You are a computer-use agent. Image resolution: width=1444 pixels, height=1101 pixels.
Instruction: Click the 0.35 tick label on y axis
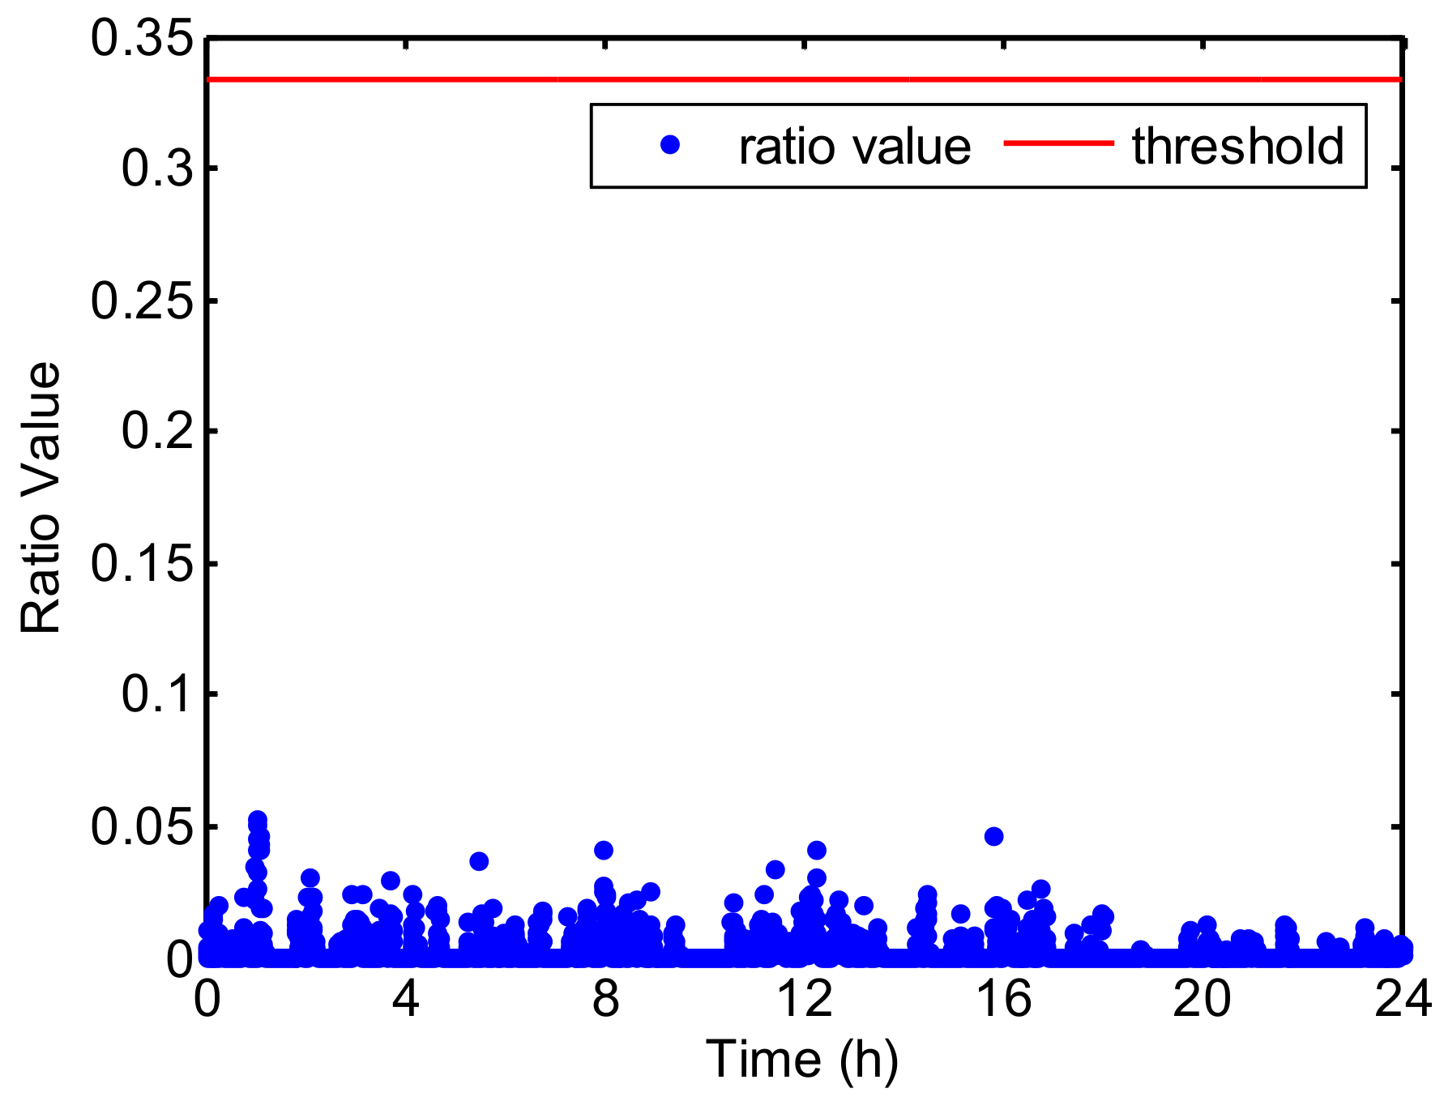(x=143, y=39)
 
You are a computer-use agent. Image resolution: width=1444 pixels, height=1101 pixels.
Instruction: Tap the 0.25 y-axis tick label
(x=143, y=301)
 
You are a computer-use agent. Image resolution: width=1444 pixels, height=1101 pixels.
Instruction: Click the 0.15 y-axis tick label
(x=143, y=564)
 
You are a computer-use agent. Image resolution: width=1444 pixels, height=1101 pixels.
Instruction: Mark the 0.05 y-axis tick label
(x=143, y=827)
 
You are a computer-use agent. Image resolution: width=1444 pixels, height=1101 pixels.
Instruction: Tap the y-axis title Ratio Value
(x=41, y=497)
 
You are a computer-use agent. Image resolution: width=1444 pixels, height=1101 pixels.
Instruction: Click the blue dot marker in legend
(x=670, y=145)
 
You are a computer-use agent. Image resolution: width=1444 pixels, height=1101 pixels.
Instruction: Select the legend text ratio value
(x=854, y=147)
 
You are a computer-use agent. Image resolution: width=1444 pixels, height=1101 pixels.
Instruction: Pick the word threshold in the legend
(x=1237, y=146)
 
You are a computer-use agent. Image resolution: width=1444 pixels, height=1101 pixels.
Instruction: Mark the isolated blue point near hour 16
(x=994, y=836)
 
